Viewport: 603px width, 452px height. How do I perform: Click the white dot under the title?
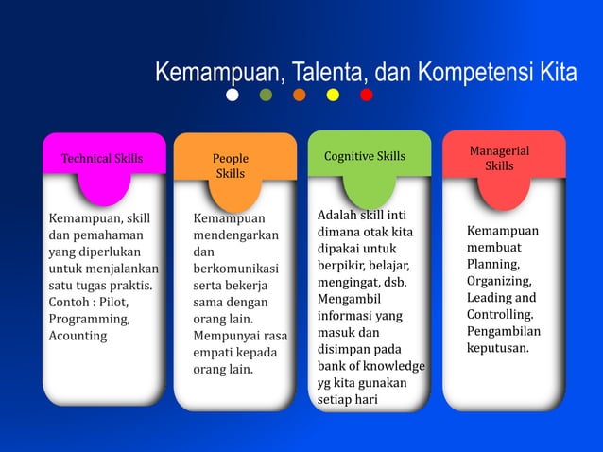coord(233,95)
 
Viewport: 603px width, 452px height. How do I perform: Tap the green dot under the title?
coord(266,95)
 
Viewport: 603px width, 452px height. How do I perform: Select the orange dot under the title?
coord(300,95)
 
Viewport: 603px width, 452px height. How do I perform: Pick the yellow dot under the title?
coord(333,95)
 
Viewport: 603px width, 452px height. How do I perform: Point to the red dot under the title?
coord(367,95)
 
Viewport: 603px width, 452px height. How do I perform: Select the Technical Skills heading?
coord(102,158)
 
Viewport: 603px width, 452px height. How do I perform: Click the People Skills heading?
coord(231,166)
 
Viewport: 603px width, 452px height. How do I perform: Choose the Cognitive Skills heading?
coord(365,156)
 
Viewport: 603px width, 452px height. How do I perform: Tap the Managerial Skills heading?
coord(499,159)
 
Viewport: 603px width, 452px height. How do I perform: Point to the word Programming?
coord(89,319)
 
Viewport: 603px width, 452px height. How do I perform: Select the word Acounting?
coord(78,336)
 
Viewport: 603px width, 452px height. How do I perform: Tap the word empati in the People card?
coord(213,352)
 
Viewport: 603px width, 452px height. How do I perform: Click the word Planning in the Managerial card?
coord(492,264)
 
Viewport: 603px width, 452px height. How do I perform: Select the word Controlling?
coord(500,314)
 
